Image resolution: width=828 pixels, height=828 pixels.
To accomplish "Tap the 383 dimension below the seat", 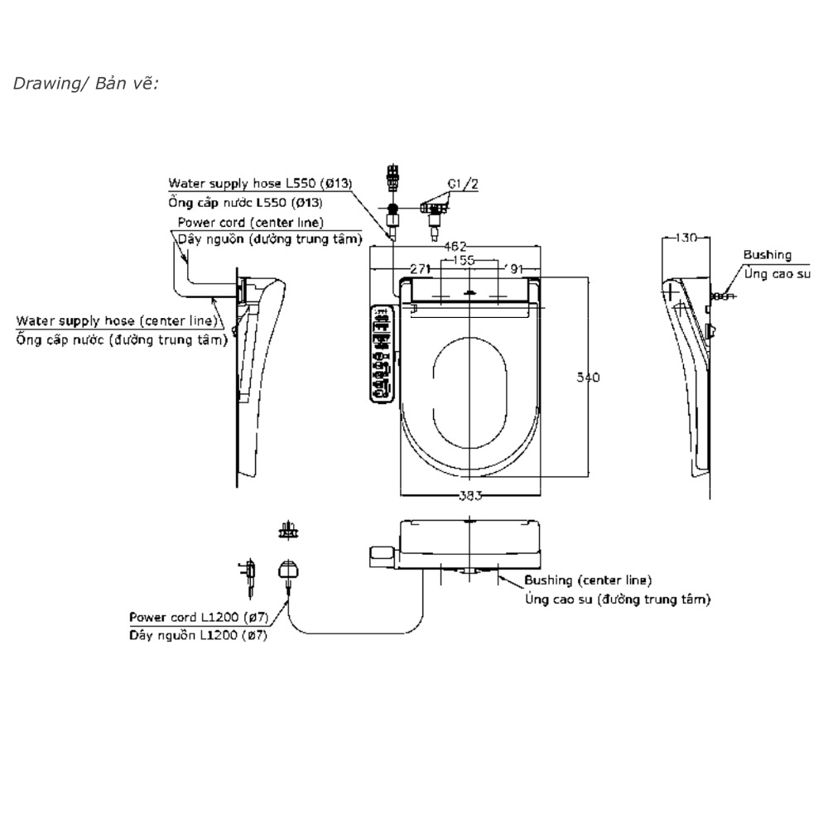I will click(470, 495).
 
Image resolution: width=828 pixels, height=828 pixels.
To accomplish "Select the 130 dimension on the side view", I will click(686, 238).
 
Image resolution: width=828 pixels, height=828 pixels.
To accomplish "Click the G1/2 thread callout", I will click(464, 184).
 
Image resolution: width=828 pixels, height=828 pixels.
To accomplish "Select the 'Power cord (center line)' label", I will click(250, 223).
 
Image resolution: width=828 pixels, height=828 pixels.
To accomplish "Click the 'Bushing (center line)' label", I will click(588, 580).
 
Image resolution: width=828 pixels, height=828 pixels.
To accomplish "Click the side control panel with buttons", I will click(382, 354).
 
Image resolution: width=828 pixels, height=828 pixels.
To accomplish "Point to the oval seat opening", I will click(470, 381).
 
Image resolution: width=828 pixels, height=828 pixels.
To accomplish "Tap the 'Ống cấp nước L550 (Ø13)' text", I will click(246, 202).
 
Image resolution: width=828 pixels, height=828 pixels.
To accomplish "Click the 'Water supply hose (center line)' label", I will click(117, 320).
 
